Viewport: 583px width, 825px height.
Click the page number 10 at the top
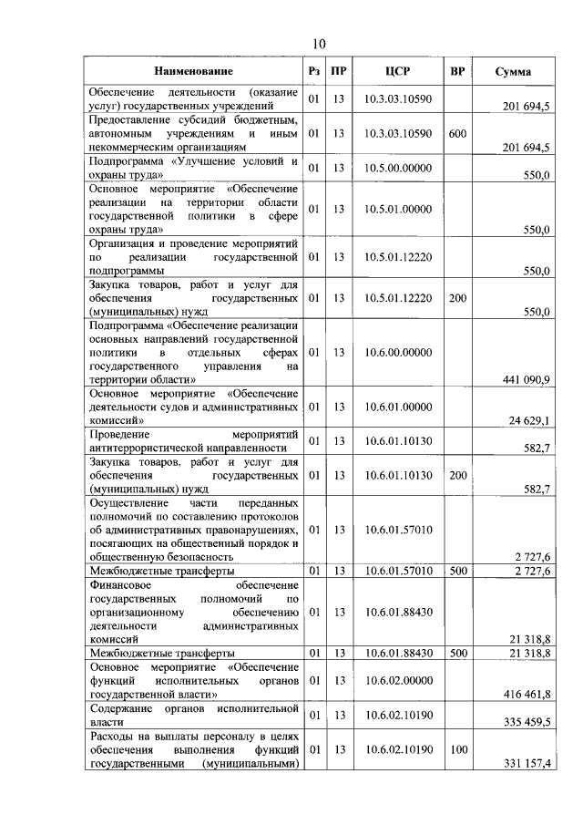tap(319, 43)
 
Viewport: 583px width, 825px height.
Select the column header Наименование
tap(193, 71)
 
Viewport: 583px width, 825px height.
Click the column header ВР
tap(457, 71)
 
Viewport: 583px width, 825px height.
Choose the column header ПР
tap(338, 71)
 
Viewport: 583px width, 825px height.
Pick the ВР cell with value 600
tap(457, 133)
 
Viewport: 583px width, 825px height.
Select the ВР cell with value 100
tap(457, 748)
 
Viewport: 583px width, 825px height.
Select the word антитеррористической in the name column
tap(149, 448)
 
